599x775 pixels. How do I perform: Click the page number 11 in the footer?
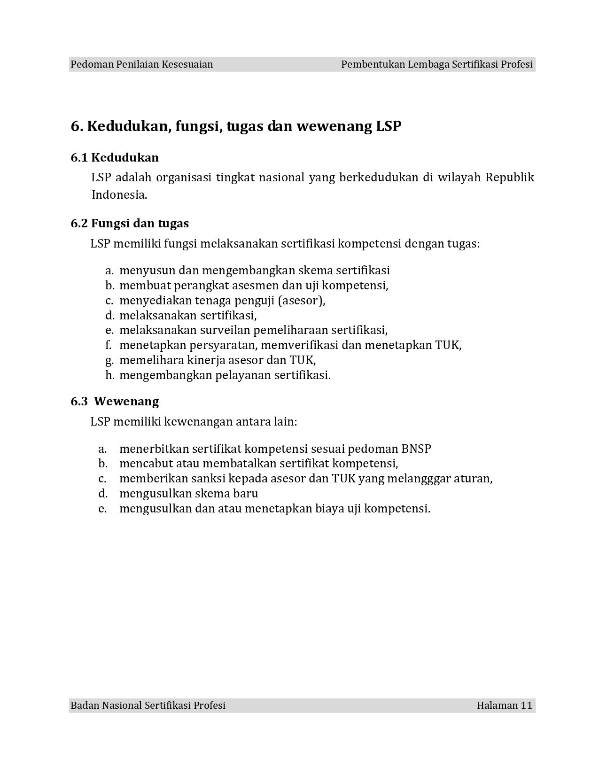526,705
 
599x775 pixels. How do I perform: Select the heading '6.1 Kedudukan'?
115,157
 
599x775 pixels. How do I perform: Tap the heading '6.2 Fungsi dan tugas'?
130,223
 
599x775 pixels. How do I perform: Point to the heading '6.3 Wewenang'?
115,401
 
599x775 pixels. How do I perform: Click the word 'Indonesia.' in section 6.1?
119,194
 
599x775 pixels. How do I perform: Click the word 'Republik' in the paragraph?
510,178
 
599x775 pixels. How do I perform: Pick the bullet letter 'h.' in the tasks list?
110,375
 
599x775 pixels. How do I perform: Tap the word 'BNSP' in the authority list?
416,449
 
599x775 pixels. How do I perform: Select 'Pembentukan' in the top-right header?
373,64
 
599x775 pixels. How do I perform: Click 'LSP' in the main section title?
389,126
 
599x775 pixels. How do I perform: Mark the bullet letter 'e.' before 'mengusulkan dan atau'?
102,509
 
